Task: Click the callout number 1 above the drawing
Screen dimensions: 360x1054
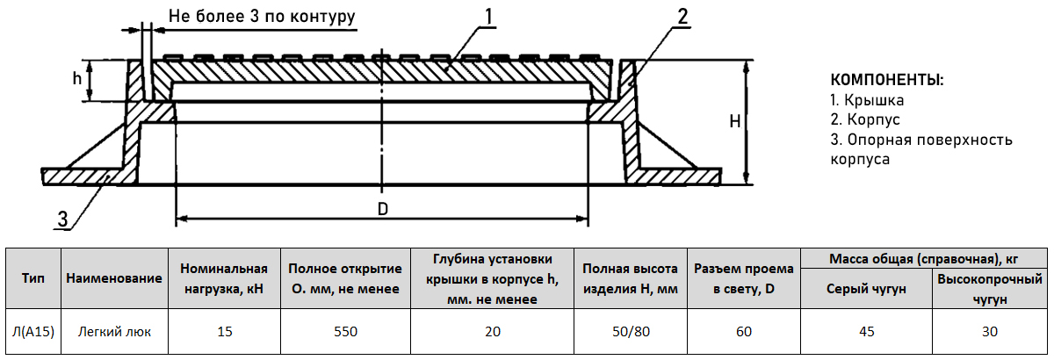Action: pyautogui.click(x=488, y=17)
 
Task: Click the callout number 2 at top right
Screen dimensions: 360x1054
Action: pyautogui.click(x=682, y=17)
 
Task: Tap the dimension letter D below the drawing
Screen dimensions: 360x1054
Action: pyautogui.click(x=382, y=209)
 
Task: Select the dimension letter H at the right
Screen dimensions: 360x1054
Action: pyautogui.click(x=735, y=121)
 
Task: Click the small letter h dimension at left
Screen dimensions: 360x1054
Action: pyautogui.click(x=77, y=79)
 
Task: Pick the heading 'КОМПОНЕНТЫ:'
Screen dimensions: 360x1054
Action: pyautogui.click(x=887, y=80)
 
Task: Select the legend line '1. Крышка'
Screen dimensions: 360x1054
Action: pyautogui.click(x=867, y=100)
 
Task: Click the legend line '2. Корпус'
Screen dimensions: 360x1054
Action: pyautogui.click(x=865, y=120)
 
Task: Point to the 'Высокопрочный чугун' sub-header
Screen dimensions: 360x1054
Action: pyautogui.click(x=990, y=289)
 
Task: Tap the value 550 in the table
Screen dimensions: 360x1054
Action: pyautogui.click(x=345, y=331)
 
